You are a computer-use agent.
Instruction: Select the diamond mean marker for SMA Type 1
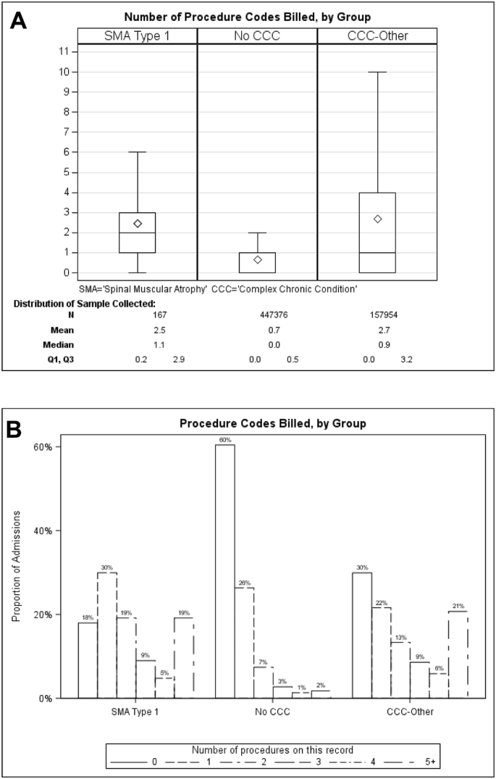(x=138, y=223)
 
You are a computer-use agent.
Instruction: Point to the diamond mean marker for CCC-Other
(x=377, y=219)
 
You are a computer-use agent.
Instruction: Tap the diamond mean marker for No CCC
(x=258, y=259)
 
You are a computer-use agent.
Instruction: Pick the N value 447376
(x=257, y=314)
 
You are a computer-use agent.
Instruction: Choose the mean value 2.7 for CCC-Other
(x=377, y=330)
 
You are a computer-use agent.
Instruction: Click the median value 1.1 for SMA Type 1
(x=138, y=344)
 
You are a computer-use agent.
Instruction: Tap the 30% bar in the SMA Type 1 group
(x=107, y=635)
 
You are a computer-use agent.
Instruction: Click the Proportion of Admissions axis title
(x=16, y=566)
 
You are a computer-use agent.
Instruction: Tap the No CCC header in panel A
(x=257, y=36)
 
